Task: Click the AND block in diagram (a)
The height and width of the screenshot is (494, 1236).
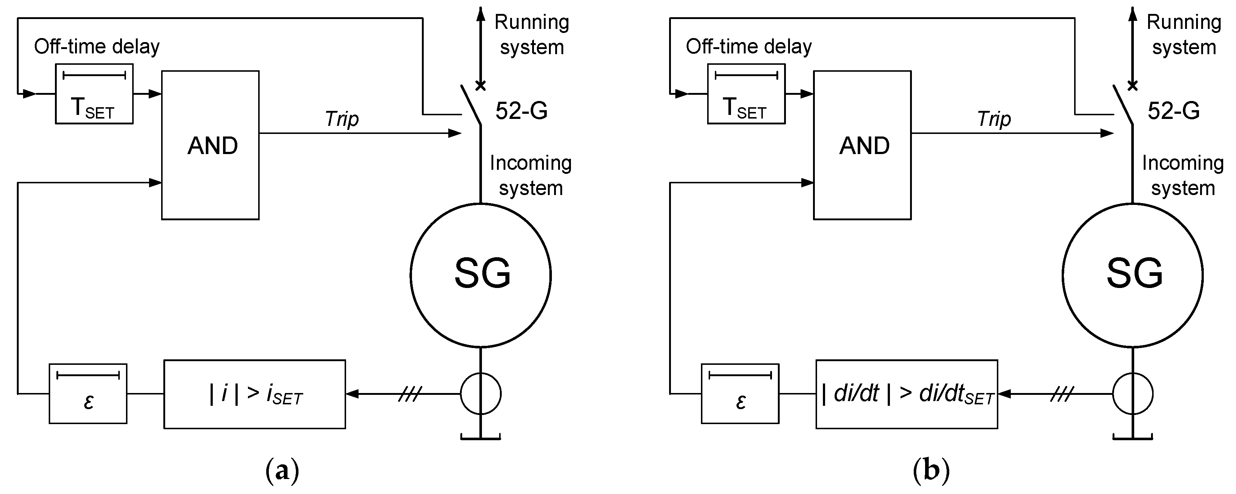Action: point(210,145)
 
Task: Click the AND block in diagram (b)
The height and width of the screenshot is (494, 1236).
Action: point(862,145)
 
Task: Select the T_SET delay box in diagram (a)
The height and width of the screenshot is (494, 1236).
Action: point(94,94)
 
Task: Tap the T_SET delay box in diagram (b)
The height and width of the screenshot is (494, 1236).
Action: point(746,94)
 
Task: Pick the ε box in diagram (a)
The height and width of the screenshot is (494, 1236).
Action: point(88,394)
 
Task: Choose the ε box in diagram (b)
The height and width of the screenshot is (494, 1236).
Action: point(740,394)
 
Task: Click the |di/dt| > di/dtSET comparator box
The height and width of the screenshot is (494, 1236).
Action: point(906,394)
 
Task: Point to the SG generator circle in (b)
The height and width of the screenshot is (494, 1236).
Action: point(1133,275)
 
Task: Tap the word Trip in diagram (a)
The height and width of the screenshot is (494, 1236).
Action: point(342,119)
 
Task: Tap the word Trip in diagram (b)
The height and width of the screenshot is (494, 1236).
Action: point(994,119)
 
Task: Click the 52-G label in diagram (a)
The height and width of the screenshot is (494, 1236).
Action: point(522,111)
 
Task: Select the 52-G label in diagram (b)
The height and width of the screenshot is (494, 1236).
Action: point(1174,111)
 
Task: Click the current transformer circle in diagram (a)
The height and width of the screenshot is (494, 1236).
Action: point(481,394)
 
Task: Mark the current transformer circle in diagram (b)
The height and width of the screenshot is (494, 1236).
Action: point(1133,394)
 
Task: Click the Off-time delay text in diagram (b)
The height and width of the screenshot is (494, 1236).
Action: point(749,46)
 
